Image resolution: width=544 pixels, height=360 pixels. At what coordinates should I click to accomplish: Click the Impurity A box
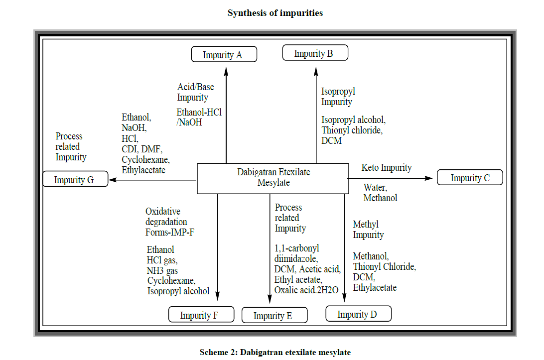(x=224, y=54)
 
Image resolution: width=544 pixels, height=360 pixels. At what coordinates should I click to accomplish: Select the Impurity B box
(x=315, y=53)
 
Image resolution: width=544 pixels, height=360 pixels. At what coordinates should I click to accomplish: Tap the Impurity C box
(x=469, y=177)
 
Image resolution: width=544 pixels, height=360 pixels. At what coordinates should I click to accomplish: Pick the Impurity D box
(x=358, y=314)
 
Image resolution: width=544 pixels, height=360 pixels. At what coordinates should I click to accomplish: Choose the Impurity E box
(x=274, y=315)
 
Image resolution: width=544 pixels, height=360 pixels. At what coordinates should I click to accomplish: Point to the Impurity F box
(x=201, y=315)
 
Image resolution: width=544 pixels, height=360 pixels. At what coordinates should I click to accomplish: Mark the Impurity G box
(x=75, y=179)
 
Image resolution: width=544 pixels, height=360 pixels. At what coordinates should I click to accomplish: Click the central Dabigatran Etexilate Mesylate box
(x=273, y=178)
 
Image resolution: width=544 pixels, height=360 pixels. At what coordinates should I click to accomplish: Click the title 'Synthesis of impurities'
(x=275, y=13)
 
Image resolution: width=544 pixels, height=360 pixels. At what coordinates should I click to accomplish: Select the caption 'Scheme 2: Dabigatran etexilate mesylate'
(x=275, y=352)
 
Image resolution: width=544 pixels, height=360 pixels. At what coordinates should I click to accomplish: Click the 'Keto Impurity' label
(x=387, y=168)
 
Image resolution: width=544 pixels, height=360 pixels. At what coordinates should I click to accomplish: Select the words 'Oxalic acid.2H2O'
(x=306, y=290)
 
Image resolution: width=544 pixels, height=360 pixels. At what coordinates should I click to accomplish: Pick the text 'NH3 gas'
(x=162, y=270)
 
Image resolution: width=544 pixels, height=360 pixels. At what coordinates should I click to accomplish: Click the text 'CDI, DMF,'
(x=142, y=149)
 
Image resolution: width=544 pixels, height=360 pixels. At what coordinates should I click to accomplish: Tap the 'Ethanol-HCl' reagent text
(x=199, y=112)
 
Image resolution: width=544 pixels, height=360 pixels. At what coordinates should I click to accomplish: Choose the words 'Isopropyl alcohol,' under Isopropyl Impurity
(x=353, y=120)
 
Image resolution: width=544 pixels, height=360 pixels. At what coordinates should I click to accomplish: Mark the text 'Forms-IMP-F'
(x=169, y=232)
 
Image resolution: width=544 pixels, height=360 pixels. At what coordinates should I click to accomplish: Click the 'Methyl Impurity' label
(x=368, y=230)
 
